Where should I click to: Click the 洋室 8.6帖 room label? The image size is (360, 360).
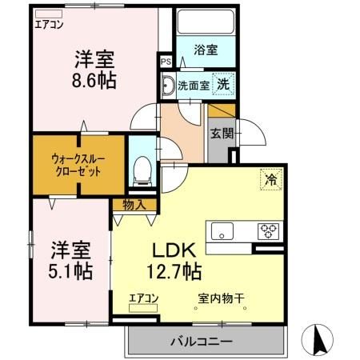click(94, 70)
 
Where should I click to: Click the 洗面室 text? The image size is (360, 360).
click(193, 84)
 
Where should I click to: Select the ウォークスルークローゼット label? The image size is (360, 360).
click(78, 164)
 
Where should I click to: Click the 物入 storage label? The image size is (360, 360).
click(134, 205)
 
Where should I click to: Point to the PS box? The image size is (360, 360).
click(166, 62)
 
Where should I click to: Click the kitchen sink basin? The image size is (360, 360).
click(222, 232)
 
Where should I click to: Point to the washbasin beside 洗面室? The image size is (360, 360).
click(170, 85)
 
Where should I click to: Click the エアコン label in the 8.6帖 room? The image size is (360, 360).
click(48, 23)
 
